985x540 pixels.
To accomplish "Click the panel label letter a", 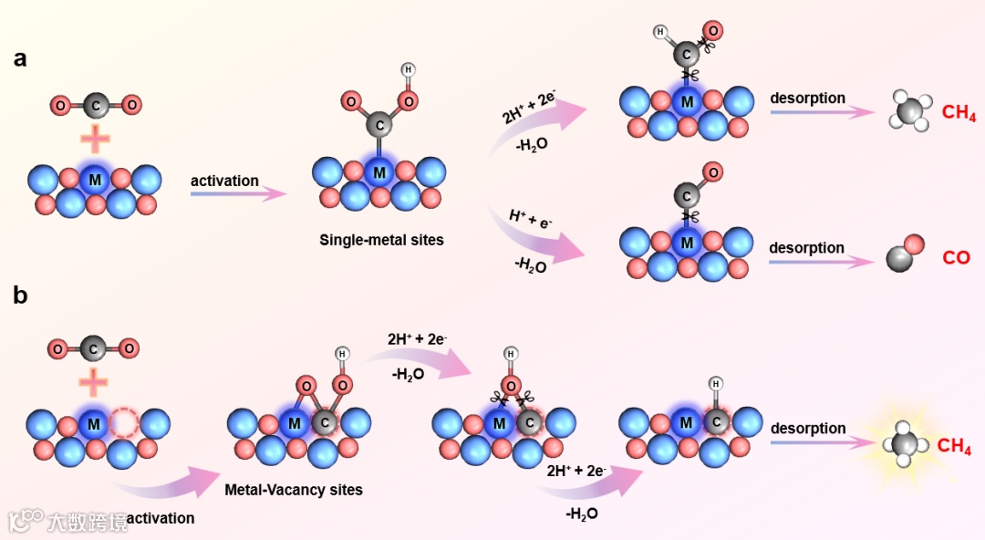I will point(19,59).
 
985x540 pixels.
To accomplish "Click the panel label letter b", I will point(19,296).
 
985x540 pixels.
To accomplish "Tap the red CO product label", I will point(956,258).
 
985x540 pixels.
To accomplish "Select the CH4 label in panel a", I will point(959,114).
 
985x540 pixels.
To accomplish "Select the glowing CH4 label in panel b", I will point(954,446).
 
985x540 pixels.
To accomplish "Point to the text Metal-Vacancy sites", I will point(294,490).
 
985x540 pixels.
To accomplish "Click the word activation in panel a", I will point(224,181).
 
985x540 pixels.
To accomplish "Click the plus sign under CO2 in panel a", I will point(95,140).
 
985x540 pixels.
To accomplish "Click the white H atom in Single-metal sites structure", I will point(408,69).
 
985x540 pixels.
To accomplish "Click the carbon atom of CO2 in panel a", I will point(95,106).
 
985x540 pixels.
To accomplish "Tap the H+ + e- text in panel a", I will point(532,220).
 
